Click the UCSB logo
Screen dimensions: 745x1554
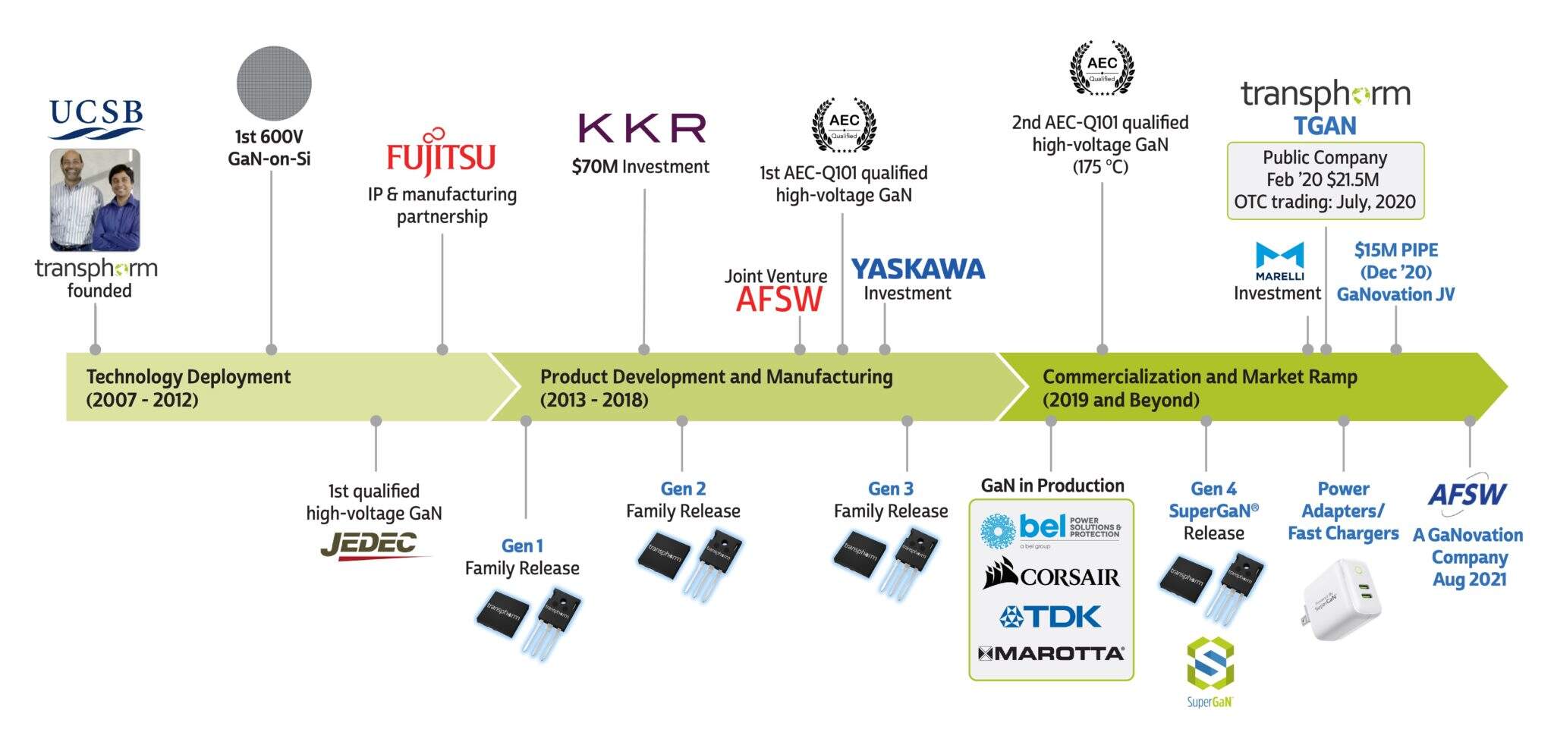tap(96, 118)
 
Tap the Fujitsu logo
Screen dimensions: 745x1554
tap(441, 154)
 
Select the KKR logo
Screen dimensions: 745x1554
tap(642, 128)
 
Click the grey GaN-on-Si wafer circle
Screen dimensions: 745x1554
tap(274, 83)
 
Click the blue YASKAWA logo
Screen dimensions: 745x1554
tap(917, 269)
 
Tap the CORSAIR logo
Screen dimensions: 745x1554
tap(1051, 575)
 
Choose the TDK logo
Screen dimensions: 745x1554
tap(1051, 616)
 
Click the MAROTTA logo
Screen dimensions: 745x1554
tap(1051, 653)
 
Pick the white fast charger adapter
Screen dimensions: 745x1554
tap(1342, 599)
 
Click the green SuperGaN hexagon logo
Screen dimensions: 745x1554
tap(1210, 664)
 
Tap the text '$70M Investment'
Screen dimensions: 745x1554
tap(640, 167)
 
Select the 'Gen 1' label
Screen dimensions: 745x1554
tap(522, 545)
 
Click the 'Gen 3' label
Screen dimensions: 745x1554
tap(891, 489)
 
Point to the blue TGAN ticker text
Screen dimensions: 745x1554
tap(1325, 126)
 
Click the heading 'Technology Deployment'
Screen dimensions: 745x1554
tap(188, 377)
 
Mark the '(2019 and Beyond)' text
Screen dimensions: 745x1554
tap(1121, 400)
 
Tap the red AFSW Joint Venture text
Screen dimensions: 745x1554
tap(779, 300)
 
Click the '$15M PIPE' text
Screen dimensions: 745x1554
tap(1395, 250)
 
